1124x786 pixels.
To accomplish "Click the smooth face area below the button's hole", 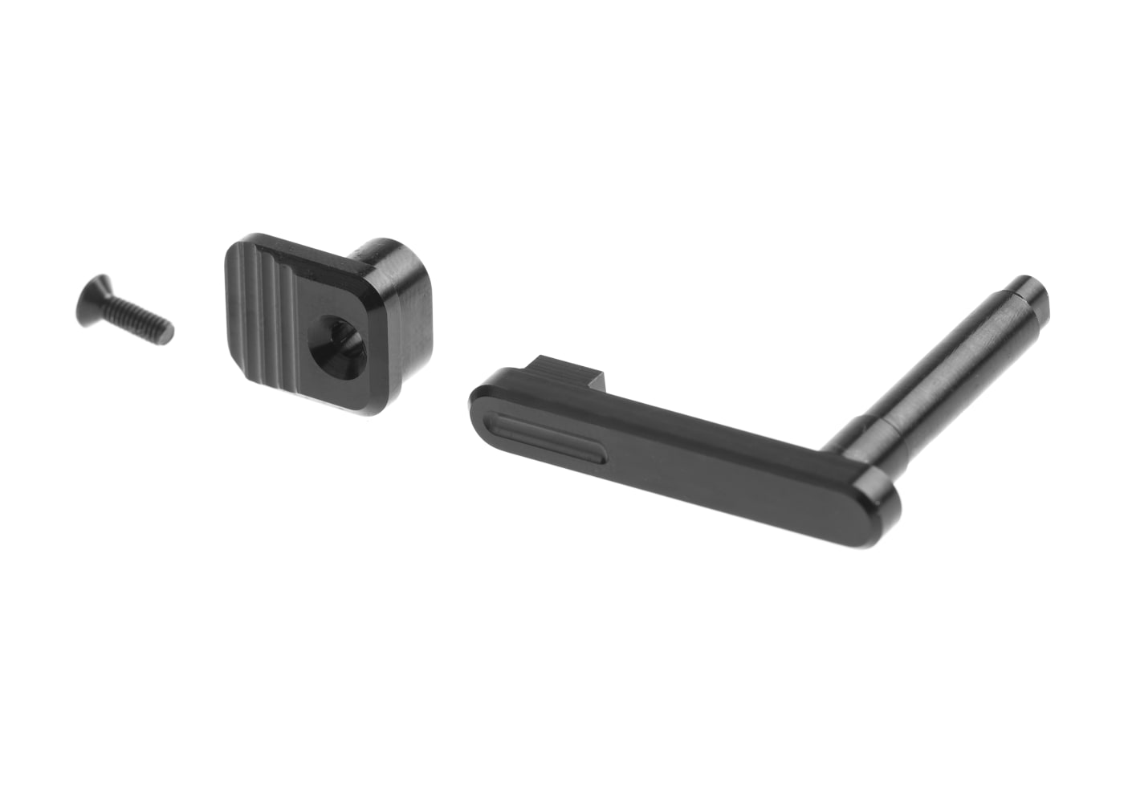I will click(x=337, y=389).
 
